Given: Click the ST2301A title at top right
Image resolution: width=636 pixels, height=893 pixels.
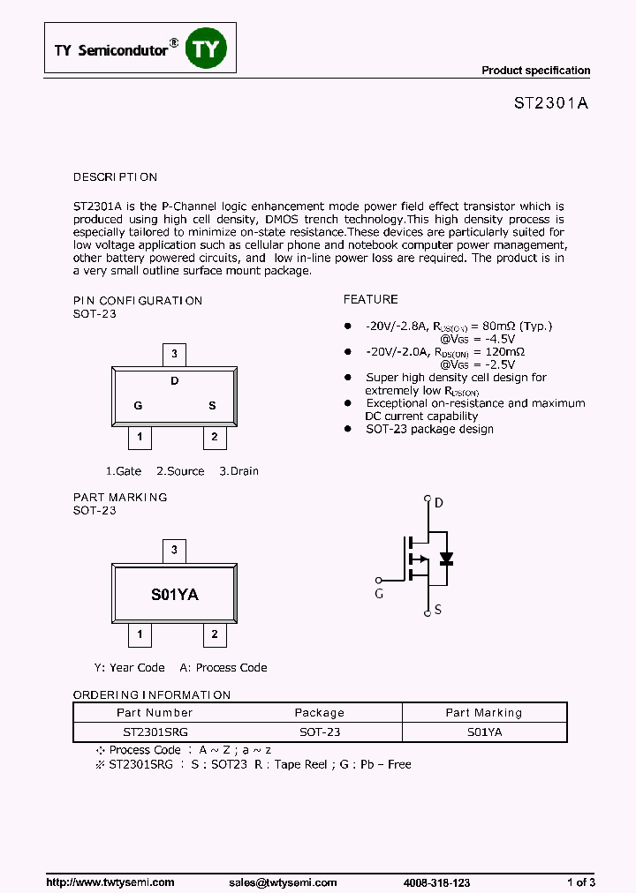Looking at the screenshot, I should [551, 102].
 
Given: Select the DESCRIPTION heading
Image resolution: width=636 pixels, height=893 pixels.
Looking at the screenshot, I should [115, 177].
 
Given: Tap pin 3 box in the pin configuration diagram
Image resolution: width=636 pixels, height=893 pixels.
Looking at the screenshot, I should [175, 355].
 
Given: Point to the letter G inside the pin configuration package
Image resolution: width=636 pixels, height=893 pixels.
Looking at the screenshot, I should [138, 406].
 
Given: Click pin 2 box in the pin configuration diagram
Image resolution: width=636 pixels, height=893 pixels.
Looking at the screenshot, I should [214, 436].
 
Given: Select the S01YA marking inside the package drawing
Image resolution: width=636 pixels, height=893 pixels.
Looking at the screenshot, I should [175, 595].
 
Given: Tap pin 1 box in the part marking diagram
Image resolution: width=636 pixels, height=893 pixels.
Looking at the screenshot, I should [138, 634].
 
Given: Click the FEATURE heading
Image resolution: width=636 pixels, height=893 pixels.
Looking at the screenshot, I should [370, 299].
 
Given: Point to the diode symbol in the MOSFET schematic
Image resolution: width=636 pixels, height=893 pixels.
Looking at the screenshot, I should [446, 559].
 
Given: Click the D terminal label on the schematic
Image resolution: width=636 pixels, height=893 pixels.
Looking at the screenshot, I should [439, 504].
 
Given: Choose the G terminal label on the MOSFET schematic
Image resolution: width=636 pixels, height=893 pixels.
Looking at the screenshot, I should [379, 594].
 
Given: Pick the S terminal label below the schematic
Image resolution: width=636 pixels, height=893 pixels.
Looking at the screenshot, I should [438, 610].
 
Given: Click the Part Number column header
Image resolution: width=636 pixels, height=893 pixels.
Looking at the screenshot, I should [155, 713].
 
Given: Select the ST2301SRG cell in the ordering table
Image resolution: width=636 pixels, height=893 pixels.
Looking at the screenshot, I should [155, 732].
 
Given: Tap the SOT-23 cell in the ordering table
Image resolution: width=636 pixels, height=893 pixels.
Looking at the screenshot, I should [320, 732].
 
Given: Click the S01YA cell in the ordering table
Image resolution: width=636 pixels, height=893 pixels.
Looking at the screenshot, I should [484, 732].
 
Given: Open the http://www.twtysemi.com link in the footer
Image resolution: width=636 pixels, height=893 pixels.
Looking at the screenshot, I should [110, 882].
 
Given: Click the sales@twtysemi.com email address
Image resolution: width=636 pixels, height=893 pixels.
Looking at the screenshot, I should [283, 882].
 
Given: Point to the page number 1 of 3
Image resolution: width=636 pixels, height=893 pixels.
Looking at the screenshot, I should [580, 882].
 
